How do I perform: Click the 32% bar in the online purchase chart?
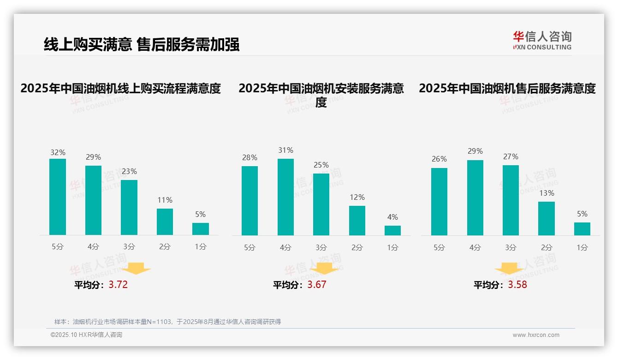[x=58, y=197]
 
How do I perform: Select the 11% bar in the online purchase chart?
[x=165, y=222]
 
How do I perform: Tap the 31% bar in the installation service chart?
[x=285, y=197]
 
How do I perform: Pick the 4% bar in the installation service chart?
[x=392, y=230]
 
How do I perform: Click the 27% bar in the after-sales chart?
[x=511, y=200]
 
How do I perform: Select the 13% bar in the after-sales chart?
[x=547, y=218]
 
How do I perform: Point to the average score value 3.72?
[x=118, y=285]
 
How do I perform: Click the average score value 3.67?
[x=317, y=285]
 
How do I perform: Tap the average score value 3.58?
[x=517, y=285]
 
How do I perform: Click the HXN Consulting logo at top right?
[x=542, y=41]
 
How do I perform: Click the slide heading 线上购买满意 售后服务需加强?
[x=142, y=45]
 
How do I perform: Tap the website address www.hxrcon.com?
[x=536, y=335]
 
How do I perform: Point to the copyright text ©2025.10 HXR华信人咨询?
[x=86, y=335]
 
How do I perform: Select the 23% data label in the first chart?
[x=129, y=171]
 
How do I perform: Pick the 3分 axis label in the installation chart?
[x=321, y=247]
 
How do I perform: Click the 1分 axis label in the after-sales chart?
[x=582, y=247]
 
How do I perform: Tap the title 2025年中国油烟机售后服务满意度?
[x=507, y=88]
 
